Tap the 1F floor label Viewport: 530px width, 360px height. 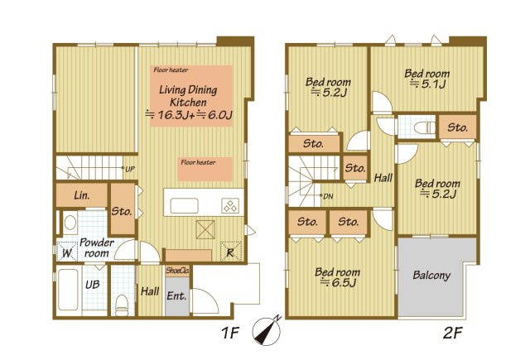click(x=230, y=333)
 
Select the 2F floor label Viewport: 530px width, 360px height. click(x=452, y=333)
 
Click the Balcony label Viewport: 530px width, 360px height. click(x=431, y=275)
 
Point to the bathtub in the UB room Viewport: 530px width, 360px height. click(x=68, y=289)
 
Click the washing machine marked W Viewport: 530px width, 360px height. click(x=66, y=252)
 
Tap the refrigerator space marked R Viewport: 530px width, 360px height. click(x=230, y=252)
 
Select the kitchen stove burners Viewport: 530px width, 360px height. click(x=230, y=206)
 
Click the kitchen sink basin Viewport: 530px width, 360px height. click(x=184, y=206)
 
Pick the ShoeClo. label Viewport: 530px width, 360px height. click(x=177, y=271)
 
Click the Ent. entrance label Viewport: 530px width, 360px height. click(x=176, y=295)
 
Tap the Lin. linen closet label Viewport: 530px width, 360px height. click(x=82, y=194)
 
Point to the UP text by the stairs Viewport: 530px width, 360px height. click(x=130, y=169)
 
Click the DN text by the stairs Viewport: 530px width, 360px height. click(x=328, y=196)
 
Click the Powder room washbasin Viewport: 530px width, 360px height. click(x=70, y=223)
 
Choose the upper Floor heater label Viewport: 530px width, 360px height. click(x=171, y=70)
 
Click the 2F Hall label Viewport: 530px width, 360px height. click(x=383, y=178)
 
